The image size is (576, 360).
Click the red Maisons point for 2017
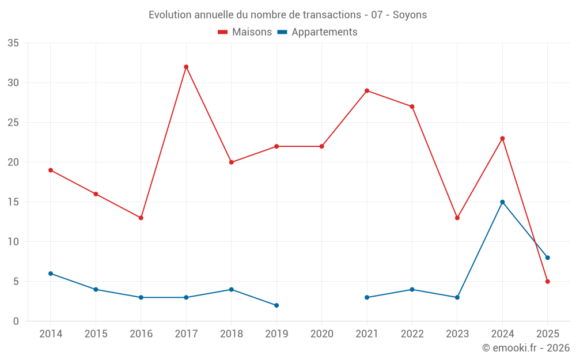[x=186, y=67]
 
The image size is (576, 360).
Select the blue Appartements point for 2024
[x=502, y=202]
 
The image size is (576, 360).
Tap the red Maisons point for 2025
[x=548, y=282]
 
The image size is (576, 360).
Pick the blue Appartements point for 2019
[x=276, y=305]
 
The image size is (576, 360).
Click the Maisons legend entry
[x=245, y=32]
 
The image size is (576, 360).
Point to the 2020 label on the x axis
[x=321, y=334]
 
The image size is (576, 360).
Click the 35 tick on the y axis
[x=13, y=43]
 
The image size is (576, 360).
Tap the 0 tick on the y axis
[x=16, y=321]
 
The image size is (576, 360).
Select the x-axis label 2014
[x=50, y=334]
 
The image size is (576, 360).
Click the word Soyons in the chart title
[x=410, y=15]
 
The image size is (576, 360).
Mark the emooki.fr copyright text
[x=525, y=348]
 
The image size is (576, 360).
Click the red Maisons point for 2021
[x=367, y=90]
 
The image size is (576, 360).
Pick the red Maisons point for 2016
[x=141, y=218]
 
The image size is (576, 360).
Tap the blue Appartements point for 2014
[x=51, y=274]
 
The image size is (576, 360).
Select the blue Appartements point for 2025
[x=548, y=257]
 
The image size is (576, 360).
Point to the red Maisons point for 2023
[x=457, y=218]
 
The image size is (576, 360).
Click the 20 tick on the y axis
[x=13, y=162]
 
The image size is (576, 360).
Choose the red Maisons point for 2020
[x=321, y=146]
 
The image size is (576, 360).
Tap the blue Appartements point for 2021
[x=367, y=297]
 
